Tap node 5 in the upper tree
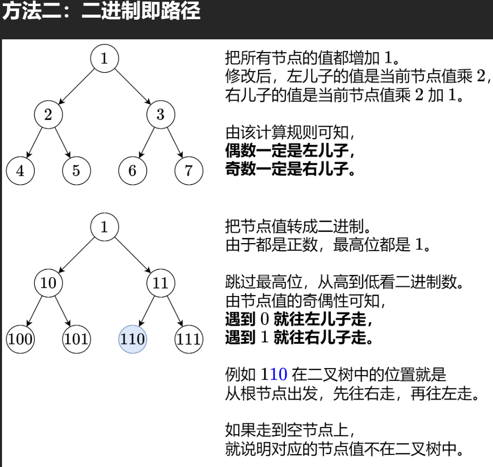click(76, 170)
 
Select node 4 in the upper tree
click(20, 170)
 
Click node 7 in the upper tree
click(189, 170)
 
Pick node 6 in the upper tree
click(132, 170)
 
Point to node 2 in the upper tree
click(48, 114)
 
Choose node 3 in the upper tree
click(160, 114)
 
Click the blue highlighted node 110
click(132, 338)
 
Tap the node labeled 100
click(20, 338)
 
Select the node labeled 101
click(76, 338)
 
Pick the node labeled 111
click(189, 338)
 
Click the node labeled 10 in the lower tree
click(48, 282)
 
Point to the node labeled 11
click(160, 282)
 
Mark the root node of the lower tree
click(104, 226)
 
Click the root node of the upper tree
click(104, 59)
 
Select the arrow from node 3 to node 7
click(175, 143)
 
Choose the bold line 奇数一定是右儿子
click(290, 169)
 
